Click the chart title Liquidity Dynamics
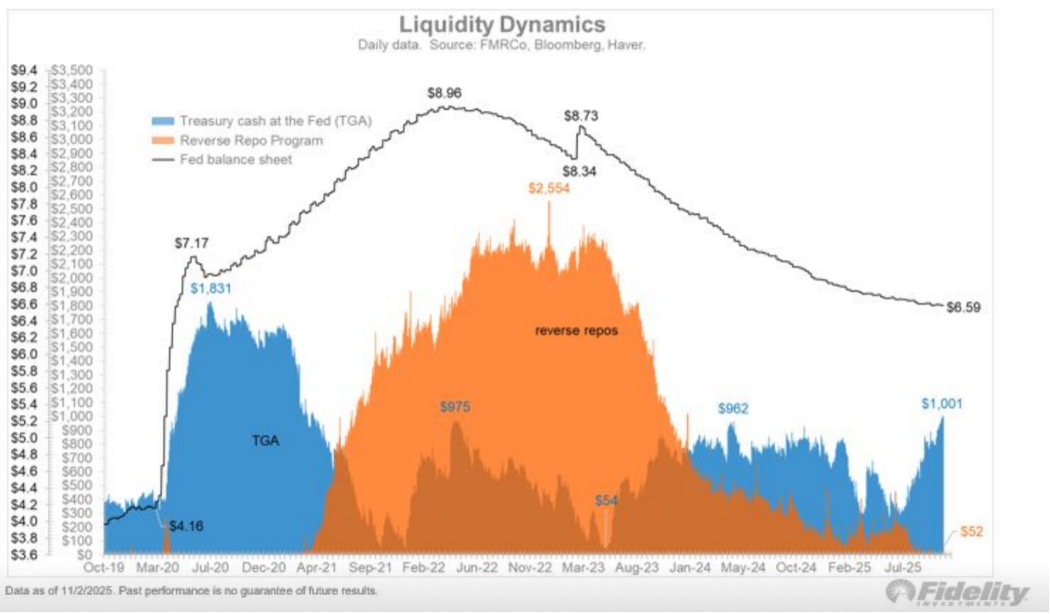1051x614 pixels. tap(502, 25)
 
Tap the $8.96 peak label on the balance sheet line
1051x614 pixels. tap(444, 93)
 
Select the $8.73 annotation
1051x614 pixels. tap(581, 116)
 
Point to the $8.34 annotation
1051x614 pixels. tap(579, 172)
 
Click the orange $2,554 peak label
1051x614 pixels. tap(549, 188)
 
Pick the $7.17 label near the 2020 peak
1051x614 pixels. tap(191, 244)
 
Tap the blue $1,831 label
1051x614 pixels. tap(211, 288)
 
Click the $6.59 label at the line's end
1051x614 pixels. tap(963, 307)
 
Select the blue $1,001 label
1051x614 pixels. tap(941, 404)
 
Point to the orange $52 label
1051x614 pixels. tap(972, 531)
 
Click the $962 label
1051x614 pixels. tap(733, 408)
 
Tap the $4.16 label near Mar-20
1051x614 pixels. tap(186, 526)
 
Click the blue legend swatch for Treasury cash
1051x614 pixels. tap(163, 121)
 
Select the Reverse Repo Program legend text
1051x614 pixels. tap(251, 141)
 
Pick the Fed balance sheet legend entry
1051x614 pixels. tap(236, 160)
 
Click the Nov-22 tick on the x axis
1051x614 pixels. tap(530, 567)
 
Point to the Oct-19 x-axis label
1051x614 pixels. tap(104, 567)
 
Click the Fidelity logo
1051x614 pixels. tap(956, 592)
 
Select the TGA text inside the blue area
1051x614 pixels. tap(265, 441)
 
